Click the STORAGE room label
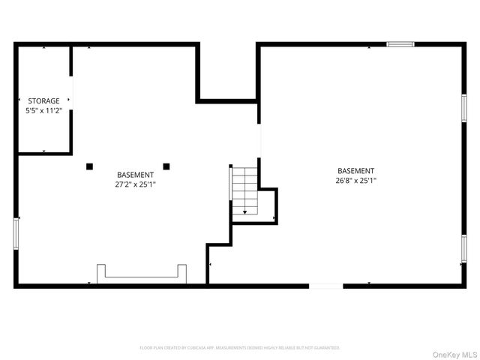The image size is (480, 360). [43, 100]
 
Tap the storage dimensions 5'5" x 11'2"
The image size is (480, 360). [43, 110]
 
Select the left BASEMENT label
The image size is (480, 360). [136, 175]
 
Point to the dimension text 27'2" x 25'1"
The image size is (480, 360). [136, 184]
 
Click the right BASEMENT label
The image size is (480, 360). [355, 171]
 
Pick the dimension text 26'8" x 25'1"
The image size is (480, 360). [355, 180]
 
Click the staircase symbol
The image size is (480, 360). [244, 191]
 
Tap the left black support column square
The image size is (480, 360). [89, 166]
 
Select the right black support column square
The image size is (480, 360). [166, 166]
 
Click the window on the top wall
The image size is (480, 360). [400, 44]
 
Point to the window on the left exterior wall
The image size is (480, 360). [16, 233]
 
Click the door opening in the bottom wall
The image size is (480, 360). [325, 286]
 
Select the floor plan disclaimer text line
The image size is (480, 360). [240, 348]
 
